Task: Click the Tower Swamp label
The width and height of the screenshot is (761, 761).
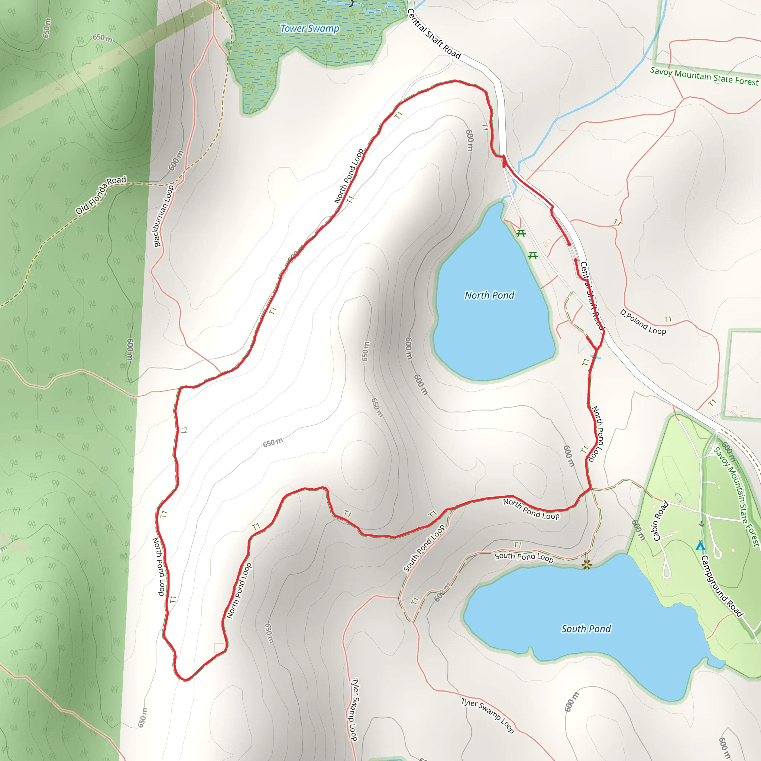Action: pos(310,28)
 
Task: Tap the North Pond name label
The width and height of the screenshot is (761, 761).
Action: pos(489,295)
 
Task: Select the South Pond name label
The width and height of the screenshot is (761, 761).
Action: pos(586,629)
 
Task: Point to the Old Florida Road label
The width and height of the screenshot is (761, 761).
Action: pos(101,195)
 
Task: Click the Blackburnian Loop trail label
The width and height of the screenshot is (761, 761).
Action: pos(164,216)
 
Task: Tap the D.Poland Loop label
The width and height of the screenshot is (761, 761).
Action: pos(643,322)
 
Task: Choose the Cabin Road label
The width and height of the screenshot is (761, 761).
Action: pos(661,521)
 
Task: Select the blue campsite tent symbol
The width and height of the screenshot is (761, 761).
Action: pos(700,546)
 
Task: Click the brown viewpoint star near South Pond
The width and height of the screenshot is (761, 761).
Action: pos(586,565)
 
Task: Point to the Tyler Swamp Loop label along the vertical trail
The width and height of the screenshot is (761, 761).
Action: pos(354,709)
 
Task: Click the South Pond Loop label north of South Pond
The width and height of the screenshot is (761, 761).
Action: pos(524,557)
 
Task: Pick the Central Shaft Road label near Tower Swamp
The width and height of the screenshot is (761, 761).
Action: pos(433,34)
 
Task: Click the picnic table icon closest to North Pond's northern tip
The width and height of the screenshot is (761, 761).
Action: pos(521,234)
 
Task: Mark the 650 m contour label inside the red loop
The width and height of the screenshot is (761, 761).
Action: pos(273,442)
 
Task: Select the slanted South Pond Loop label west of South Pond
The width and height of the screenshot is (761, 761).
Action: pos(424,548)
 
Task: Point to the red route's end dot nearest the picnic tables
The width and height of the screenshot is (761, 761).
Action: pos(569,244)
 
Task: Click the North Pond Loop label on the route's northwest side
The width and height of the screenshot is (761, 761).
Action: pos(349,176)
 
